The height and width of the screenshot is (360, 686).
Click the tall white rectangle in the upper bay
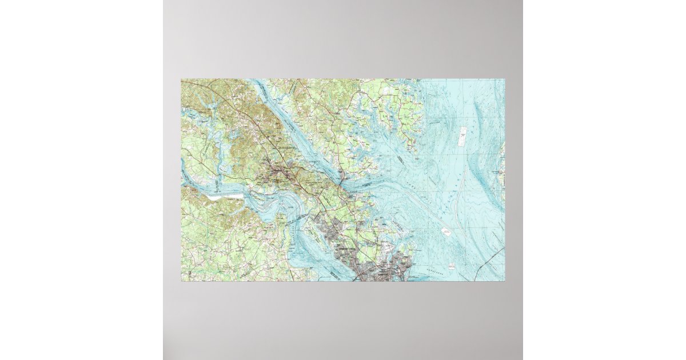tap(462, 137)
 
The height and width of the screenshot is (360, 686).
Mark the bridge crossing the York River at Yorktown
tap(343, 185)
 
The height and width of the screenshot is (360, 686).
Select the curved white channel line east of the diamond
tap(457, 211)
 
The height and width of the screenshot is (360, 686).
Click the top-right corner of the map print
tap(505, 79)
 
